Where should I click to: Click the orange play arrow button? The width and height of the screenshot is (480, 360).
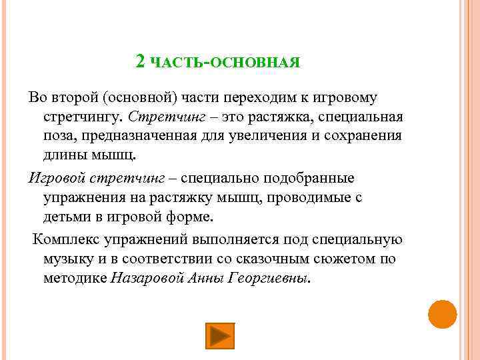click(219, 335)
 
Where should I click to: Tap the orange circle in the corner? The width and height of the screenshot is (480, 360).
click(442, 314)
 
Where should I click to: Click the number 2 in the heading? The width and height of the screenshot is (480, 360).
click(140, 61)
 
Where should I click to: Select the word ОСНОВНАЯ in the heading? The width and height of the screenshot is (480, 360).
click(256, 63)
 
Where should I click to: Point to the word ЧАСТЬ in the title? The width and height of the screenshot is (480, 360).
click(178, 63)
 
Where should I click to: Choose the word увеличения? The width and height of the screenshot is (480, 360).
click(283, 137)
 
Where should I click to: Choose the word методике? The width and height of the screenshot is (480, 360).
click(75, 277)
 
